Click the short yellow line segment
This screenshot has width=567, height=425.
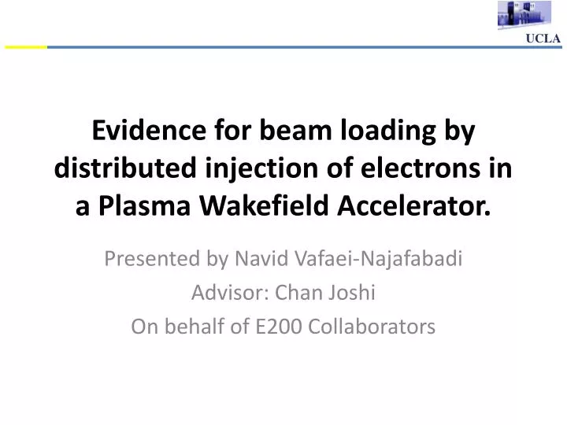tap(25, 47)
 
